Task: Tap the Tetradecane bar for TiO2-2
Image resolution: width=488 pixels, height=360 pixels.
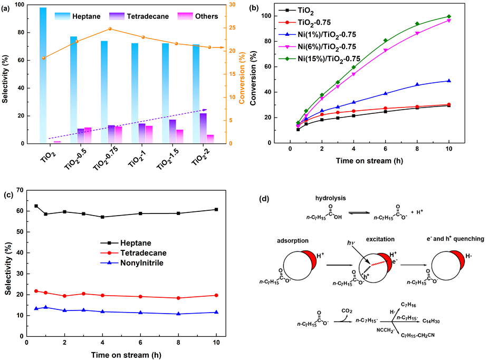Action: tap(203, 128)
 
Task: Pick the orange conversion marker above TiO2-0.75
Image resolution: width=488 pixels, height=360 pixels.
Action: tap(110, 29)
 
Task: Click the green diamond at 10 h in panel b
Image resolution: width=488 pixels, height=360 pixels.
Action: tap(449, 17)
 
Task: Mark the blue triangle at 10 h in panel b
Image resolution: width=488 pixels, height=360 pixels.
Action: tap(449, 81)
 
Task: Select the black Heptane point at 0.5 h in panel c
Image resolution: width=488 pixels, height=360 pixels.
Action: tap(36, 206)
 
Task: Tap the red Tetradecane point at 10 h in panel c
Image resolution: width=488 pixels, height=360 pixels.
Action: tap(217, 295)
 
